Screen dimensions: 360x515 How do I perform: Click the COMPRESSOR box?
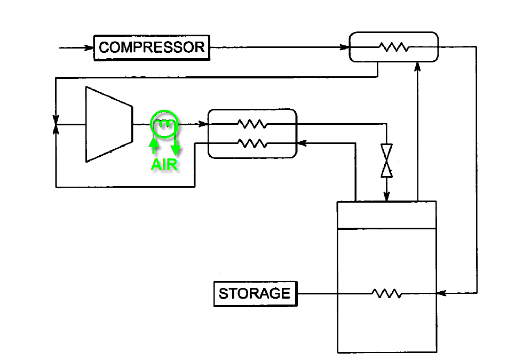pyautogui.click(x=152, y=47)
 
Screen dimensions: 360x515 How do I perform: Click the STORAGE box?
pyautogui.click(x=255, y=294)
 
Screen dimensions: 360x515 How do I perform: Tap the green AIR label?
pyautogui.click(x=164, y=165)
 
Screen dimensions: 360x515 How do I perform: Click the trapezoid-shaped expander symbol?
pyautogui.click(x=109, y=124)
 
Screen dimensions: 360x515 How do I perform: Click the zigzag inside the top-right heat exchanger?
pyautogui.click(x=394, y=47)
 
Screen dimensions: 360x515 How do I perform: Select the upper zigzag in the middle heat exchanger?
pyautogui.click(x=252, y=124)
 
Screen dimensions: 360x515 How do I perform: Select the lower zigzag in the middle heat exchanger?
pyautogui.click(x=252, y=143)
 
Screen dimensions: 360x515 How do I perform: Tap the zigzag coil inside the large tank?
pyautogui.click(x=386, y=293)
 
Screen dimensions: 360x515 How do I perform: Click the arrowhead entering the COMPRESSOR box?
pyautogui.click(x=89, y=48)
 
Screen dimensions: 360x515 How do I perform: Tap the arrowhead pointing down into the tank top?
pyautogui.click(x=386, y=197)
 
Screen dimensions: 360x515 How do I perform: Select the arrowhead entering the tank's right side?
pyautogui.click(x=441, y=293)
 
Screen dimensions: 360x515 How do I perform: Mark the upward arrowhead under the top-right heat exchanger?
pyautogui.click(x=417, y=67)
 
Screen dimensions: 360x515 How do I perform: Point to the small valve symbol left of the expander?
pyautogui.click(x=56, y=124)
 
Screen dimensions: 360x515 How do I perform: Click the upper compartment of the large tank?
pyautogui.click(x=386, y=215)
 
